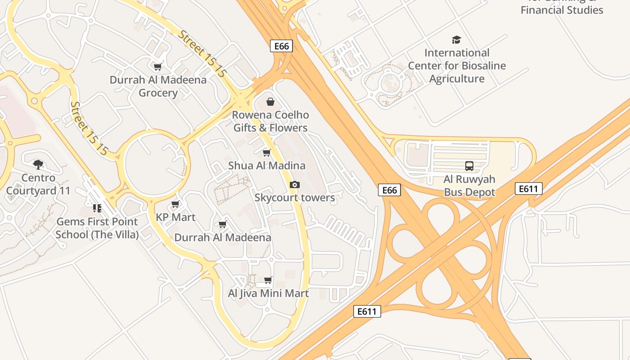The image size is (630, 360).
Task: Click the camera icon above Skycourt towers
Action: tap(295, 184)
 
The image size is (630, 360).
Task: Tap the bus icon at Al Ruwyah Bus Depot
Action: tap(469, 166)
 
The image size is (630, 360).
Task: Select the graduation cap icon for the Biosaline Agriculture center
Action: tap(457, 40)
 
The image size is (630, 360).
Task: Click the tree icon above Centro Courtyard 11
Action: tap(38, 165)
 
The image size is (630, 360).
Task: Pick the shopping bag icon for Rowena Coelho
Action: tap(270, 102)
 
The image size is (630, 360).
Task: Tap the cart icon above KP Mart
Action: tap(175, 204)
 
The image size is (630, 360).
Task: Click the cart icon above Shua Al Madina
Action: tap(267, 153)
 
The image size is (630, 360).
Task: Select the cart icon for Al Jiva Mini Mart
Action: tap(268, 280)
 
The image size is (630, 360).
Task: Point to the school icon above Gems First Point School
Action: tap(97, 208)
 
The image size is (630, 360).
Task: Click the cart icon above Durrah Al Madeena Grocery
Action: tap(158, 67)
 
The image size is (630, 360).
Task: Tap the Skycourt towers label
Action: tap(295, 198)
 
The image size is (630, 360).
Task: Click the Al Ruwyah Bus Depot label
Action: tap(469, 185)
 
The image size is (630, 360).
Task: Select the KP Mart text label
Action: tap(175, 217)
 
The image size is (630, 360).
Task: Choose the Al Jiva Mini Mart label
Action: tap(268, 293)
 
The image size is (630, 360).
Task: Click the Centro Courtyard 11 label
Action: tap(38, 184)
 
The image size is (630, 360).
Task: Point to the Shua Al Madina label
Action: tap(267, 166)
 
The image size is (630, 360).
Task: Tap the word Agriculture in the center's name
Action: tap(457, 79)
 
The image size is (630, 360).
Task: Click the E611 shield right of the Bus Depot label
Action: tap(528, 189)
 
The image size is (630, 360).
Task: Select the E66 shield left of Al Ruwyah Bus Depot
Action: tap(389, 190)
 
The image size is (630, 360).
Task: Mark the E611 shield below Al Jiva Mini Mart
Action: tap(367, 311)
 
